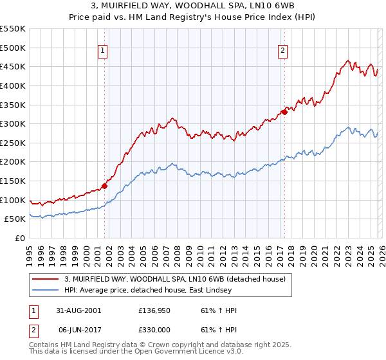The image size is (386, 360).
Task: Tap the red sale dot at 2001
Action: pyautogui.click(x=104, y=186)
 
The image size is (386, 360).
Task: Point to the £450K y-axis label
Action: pyautogui.click(x=13, y=66)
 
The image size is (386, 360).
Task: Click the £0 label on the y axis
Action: pyautogui.click(x=19, y=238)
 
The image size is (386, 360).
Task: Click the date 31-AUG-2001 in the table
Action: pyautogui.click(x=79, y=310)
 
